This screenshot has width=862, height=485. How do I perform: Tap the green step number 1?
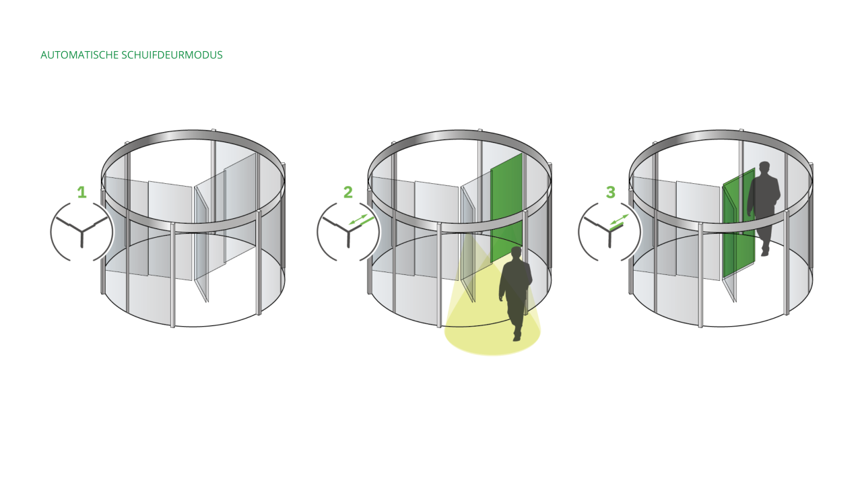pyautogui.click(x=81, y=193)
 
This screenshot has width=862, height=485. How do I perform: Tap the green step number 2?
pyautogui.click(x=347, y=193)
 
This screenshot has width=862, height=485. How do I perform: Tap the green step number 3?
pyautogui.click(x=610, y=193)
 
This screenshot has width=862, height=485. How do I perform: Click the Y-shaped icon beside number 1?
pyautogui.click(x=81, y=232)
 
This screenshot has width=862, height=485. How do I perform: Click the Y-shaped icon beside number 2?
pyautogui.click(x=347, y=232)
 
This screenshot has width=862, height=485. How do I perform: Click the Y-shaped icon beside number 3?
pyautogui.click(x=609, y=232)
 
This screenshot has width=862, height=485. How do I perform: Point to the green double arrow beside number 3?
pyautogui.click(x=619, y=220)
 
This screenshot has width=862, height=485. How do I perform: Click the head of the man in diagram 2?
pyautogui.click(x=517, y=253)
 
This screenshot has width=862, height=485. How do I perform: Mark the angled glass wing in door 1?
pyautogui.click(x=201, y=243)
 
